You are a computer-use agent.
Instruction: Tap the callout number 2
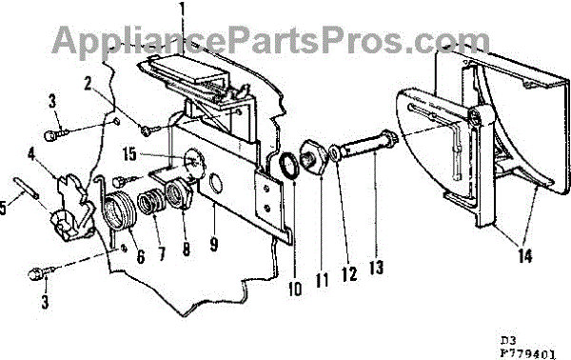pyautogui.click(x=88, y=84)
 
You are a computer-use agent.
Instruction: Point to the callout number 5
pyautogui.click(x=3, y=208)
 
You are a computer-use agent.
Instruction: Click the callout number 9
pyautogui.click(x=214, y=244)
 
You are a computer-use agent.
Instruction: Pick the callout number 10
pyautogui.click(x=295, y=288)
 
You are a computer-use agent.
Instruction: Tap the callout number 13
pyautogui.click(x=376, y=267)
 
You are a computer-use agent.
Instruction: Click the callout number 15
pyautogui.click(x=129, y=153)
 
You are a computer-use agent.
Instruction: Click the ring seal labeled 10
pyautogui.click(x=288, y=166)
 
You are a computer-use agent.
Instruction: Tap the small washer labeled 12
pyautogui.click(x=334, y=152)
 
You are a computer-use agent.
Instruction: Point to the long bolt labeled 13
pyautogui.click(x=367, y=143)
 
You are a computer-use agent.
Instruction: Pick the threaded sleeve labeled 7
pyautogui.click(x=148, y=205)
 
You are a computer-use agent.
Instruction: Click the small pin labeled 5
pyautogui.click(x=27, y=188)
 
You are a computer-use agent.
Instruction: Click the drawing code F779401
pyautogui.click(x=527, y=353)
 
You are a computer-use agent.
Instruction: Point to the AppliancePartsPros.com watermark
pyautogui.click(x=271, y=40)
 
